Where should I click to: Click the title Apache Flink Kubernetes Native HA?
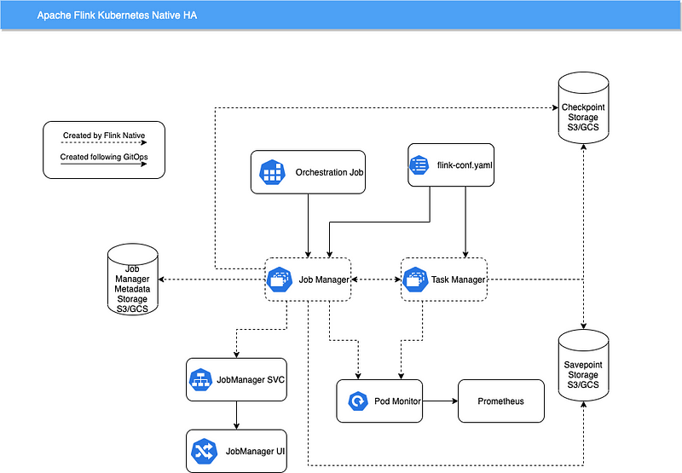coord(117,16)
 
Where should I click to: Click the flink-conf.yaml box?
coord(451,164)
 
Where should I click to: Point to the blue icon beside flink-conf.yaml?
coord(419,164)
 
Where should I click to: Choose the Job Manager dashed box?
coord(307,280)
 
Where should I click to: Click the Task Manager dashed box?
coord(443,279)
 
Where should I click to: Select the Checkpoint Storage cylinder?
coord(583,107)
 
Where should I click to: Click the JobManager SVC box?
coord(235,381)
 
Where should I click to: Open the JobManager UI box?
coord(235,451)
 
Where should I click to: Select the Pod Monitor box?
coord(380,401)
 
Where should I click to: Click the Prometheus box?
coord(500,401)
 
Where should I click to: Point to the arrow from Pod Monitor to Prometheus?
coord(441,401)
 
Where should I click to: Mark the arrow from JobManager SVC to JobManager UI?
coord(236,416)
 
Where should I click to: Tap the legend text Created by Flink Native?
coord(102,136)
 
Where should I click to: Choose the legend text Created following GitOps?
coord(102,157)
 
